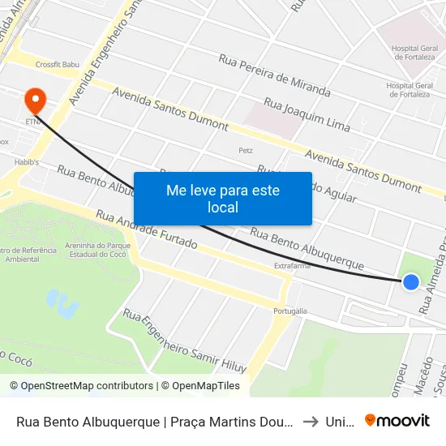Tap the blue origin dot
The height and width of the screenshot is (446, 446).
(x=411, y=281)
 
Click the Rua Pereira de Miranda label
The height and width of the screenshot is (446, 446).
(x=274, y=75)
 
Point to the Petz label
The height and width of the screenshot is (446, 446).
(x=246, y=150)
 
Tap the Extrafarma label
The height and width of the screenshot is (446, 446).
(x=293, y=265)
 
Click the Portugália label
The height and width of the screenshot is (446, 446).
(x=289, y=311)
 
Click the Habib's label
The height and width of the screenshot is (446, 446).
(x=15, y=161)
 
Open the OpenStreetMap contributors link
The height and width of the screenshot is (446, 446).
(x=81, y=386)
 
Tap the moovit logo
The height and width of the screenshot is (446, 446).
(x=397, y=420)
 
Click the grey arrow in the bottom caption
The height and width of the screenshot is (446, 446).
(x=309, y=421)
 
